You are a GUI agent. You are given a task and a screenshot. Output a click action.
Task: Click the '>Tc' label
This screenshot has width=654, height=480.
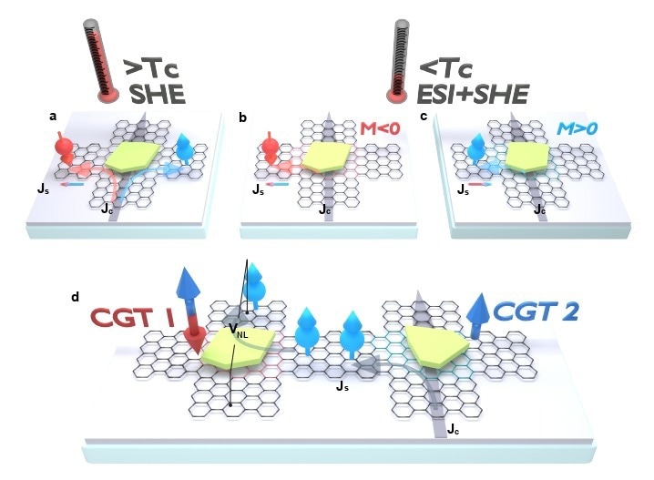pos(152,69)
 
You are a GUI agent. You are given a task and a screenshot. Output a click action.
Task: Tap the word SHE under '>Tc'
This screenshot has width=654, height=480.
pos(158,94)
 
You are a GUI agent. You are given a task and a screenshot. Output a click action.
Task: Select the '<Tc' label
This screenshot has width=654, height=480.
pos(446,69)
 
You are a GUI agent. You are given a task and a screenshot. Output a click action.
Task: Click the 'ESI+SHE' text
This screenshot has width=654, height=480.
pos(473,94)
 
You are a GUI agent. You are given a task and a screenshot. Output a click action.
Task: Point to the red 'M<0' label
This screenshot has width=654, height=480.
pos(380,128)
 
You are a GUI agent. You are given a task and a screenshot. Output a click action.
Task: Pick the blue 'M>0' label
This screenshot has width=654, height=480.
pos(577,128)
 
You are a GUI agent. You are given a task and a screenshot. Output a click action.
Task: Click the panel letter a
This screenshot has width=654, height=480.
pos(53,117)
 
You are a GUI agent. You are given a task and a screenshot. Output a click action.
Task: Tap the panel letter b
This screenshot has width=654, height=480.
pos(243,118)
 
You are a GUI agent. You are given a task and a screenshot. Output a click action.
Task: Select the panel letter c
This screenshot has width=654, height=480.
pos(424,117)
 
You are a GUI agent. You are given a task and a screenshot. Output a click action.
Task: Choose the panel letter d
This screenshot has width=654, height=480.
pos(75,297)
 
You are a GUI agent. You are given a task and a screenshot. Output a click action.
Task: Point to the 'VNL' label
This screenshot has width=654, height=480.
pos(239,330)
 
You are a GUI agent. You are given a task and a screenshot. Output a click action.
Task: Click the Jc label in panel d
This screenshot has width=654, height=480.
pos(454,429)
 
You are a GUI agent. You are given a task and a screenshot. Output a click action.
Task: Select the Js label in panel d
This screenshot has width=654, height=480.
pos(342,386)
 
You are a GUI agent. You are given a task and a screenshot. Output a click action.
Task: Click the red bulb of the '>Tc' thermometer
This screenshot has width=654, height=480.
pos(108,94)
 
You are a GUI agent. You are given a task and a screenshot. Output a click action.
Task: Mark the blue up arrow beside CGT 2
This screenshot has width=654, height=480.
pos(476,315)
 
